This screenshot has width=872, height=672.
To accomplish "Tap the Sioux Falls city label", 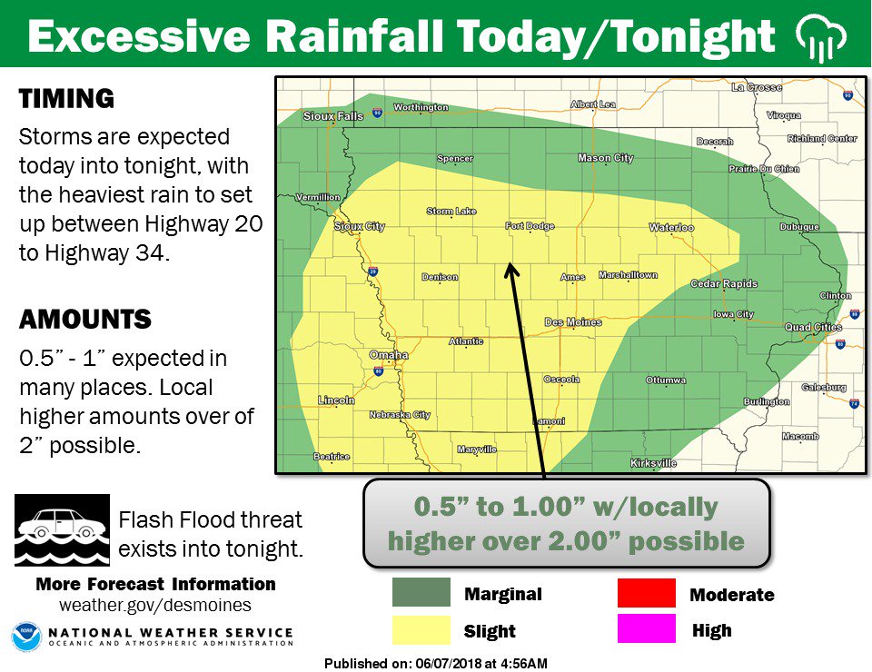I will (332, 116).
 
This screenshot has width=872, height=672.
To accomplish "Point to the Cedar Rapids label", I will (724, 283).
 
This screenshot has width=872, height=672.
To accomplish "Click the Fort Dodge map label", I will (527, 226).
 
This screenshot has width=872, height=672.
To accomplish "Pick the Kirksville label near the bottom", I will (653, 463).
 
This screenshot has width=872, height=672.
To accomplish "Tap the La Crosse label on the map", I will (756, 87).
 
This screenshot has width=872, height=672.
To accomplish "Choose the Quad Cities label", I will (813, 327).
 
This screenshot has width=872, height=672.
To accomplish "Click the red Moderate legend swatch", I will (646, 593).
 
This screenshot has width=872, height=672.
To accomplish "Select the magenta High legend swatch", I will (646, 628).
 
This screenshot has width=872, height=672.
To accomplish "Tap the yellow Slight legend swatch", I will (421, 629).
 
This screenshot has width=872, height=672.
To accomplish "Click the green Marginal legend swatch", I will (421, 593).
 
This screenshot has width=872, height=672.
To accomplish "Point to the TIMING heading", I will (66, 99).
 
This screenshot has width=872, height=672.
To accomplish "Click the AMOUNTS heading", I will (84, 320).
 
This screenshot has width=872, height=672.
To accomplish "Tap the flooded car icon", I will (62, 529).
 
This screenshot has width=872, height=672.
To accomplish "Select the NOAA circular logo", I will (25, 637).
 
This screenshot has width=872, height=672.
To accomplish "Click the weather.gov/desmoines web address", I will (155, 605).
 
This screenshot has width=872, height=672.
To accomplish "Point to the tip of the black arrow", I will (509, 265).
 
